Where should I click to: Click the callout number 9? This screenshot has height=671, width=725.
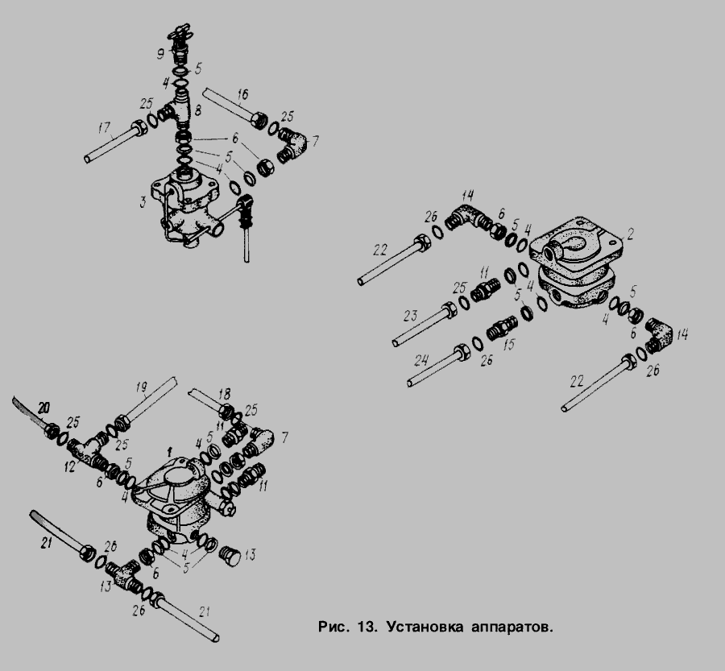coord(160,55)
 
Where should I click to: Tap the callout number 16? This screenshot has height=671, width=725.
coord(242,95)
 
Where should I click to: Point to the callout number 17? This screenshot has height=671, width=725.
coord(105,127)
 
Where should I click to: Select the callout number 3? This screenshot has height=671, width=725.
coord(143,201)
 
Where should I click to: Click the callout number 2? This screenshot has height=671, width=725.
coord(629,234)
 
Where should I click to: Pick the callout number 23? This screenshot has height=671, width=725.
coord(410,316)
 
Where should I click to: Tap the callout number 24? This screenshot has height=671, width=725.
coord(421,360)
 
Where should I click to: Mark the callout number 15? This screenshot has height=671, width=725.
coord(509,345)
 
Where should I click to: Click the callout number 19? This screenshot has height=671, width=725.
coord(142,387)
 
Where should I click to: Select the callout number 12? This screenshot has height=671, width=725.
coord(70,467)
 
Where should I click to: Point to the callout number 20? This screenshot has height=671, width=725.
coord(43,408)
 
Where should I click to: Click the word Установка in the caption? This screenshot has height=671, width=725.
coord(425,627)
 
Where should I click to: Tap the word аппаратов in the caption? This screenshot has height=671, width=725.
coord(512,628)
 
